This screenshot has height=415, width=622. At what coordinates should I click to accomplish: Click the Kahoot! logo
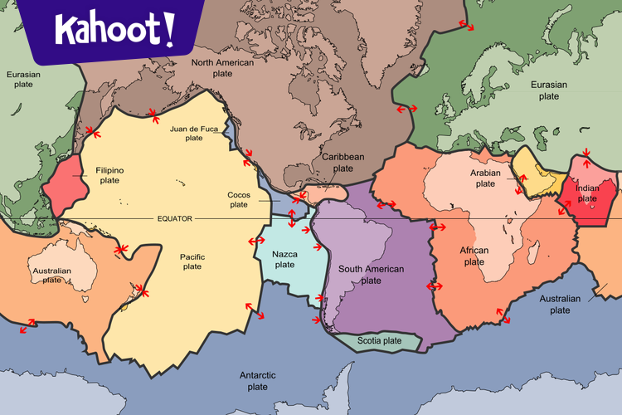click(115, 31)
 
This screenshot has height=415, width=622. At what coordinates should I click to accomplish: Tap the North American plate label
click(223, 67)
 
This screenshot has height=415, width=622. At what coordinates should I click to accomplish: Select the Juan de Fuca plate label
click(193, 134)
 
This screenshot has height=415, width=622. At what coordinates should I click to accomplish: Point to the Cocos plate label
click(239, 199)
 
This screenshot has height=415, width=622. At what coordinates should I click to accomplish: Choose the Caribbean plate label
click(343, 162)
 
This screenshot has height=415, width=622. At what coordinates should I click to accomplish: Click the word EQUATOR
click(174, 218)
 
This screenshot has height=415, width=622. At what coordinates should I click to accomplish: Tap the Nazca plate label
click(284, 259)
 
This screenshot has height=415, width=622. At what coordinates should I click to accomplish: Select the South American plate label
click(371, 275)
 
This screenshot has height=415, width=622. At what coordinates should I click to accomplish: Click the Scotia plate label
click(379, 340)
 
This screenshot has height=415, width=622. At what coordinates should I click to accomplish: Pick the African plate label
click(474, 256)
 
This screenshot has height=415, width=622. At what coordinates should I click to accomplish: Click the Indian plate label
click(586, 193)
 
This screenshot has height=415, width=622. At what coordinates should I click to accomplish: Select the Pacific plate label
click(192, 261)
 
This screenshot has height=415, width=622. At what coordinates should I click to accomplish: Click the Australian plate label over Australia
click(49, 276)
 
